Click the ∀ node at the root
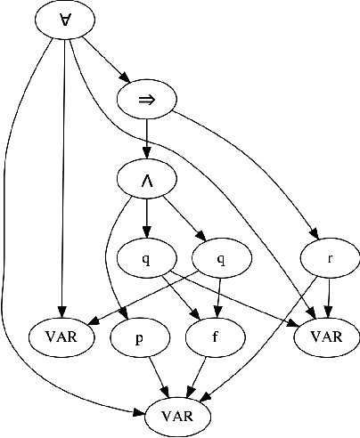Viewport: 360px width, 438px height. [66, 21]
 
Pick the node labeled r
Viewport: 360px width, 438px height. [330, 258]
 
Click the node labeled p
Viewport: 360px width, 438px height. [139, 337]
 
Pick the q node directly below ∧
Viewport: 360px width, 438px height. [146, 258]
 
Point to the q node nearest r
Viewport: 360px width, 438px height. [221, 258]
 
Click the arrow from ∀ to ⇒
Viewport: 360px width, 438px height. [108, 61]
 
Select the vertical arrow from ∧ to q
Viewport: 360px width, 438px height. [147, 218]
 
